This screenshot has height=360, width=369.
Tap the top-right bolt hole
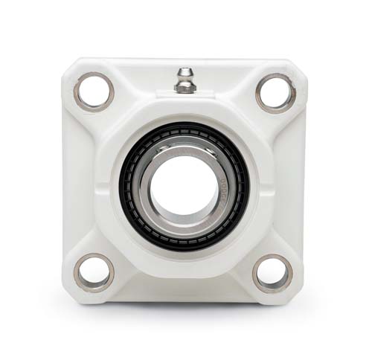pos(275,92)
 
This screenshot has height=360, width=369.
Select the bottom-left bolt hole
pos(94,272)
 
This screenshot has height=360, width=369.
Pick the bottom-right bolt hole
pos(273,273)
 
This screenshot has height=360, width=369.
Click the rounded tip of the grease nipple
pos(184,72)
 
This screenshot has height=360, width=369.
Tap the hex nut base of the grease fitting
pos(184,87)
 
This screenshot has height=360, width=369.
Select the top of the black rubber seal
pos(184,128)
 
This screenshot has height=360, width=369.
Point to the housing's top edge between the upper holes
pos(149,61)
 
